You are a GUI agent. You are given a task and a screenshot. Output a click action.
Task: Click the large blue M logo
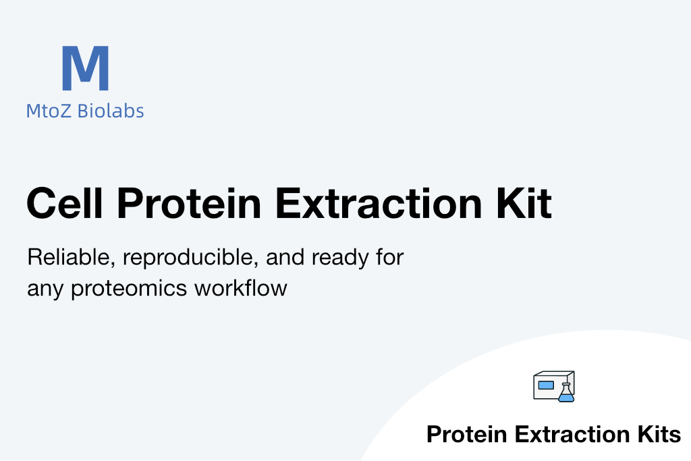[85, 68]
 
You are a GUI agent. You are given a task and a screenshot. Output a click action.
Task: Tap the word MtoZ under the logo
[49, 111]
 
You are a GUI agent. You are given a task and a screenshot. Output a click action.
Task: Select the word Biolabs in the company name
[111, 111]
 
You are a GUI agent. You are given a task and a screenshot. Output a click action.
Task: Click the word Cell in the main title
[65, 203]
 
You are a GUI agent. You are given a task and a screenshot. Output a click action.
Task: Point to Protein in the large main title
[189, 203]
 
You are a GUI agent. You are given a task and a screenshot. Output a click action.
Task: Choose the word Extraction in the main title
[379, 203]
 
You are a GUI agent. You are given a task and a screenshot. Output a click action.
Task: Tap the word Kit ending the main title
[524, 203]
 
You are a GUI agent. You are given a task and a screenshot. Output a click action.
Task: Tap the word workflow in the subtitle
[241, 288]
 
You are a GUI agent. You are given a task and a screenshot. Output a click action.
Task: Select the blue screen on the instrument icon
[546, 385]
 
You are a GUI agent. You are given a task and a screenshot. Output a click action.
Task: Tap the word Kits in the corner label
[659, 434]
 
